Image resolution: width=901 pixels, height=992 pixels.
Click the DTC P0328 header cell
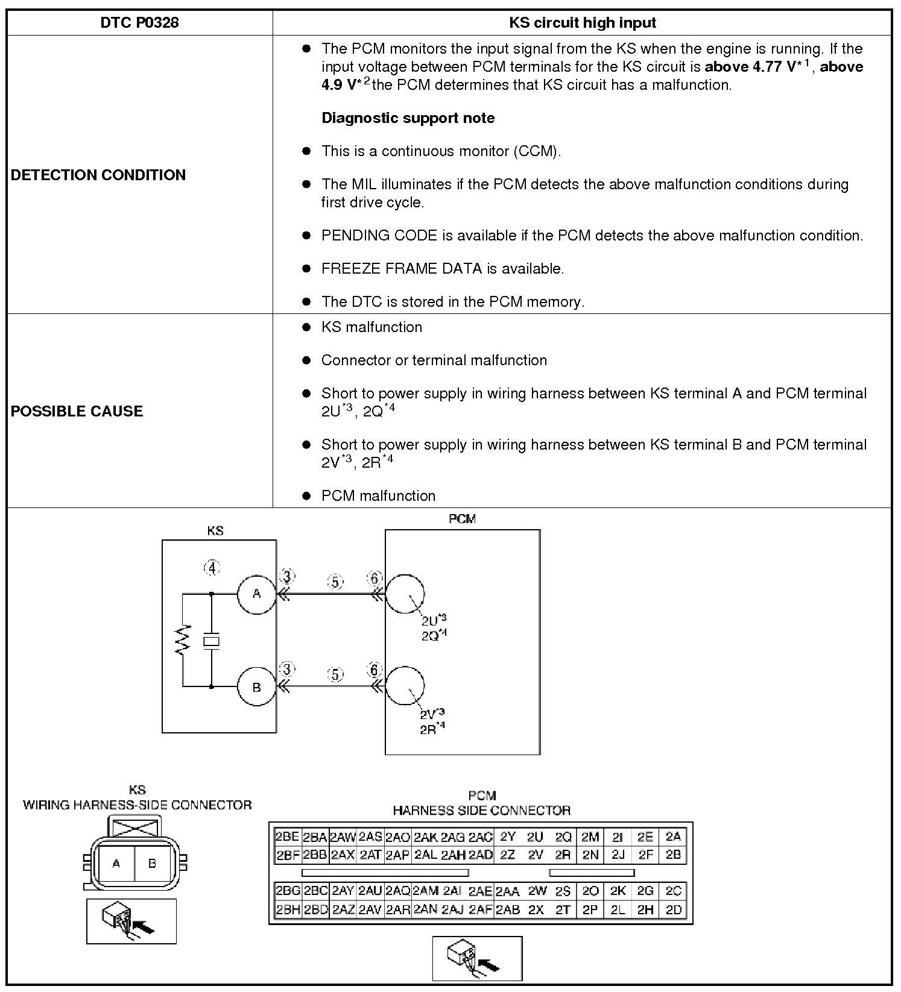pyautogui.click(x=139, y=23)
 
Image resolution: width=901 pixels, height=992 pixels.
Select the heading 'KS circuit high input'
pyautogui.click(x=582, y=23)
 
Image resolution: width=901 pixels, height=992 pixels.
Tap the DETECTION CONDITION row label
pyautogui.click(x=98, y=175)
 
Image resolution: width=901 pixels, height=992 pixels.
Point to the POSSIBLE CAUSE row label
pyautogui.click(x=77, y=411)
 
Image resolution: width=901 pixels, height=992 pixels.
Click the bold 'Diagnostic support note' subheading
pyautogui.click(x=408, y=118)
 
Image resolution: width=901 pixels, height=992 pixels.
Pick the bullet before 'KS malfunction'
pyautogui.click(x=306, y=327)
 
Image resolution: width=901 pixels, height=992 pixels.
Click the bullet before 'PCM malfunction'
pyautogui.click(x=306, y=496)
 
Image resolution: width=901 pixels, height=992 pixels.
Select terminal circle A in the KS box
pyautogui.click(x=256, y=594)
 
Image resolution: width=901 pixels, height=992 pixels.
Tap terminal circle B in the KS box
pyautogui.click(x=256, y=686)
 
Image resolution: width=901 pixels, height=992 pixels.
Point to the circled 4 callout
pyautogui.click(x=212, y=568)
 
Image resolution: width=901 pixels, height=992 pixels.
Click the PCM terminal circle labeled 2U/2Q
pyautogui.click(x=405, y=594)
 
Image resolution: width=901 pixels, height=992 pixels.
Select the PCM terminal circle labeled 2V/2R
pyautogui.click(x=405, y=686)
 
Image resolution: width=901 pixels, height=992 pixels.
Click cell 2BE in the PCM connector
pyautogui.click(x=287, y=837)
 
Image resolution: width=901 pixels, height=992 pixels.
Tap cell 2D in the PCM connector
pyautogui.click(x=673, y=910)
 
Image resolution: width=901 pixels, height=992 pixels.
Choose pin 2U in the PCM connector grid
pyautogui.click(x=535, y=837)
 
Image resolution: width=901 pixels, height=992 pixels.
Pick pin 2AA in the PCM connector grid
pyautogui.click(x=507, y=891)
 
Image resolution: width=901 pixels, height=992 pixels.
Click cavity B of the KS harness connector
pyautogui.click(x=152, y=864)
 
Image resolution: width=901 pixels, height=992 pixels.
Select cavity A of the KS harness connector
pyautogui.click(x=116, y=864)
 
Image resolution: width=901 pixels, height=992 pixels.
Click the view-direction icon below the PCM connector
pyautogui.click(x=477, y=958)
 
